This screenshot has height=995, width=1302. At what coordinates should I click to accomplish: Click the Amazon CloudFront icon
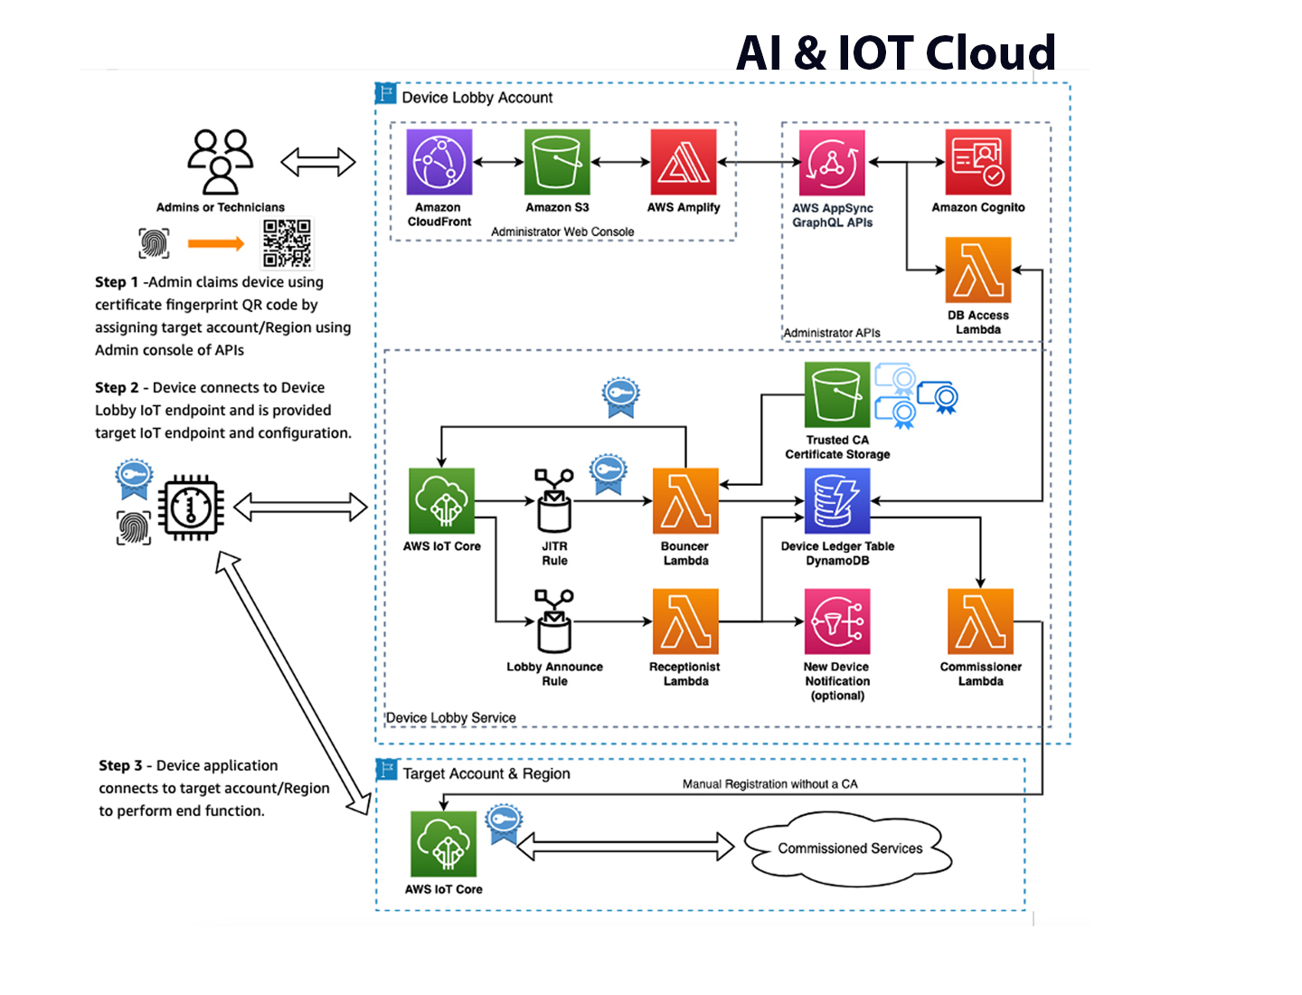[x=439, y=162]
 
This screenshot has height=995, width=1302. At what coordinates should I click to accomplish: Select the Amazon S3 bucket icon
[x=557, y=162]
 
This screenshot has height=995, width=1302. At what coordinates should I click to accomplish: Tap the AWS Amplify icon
[x=684, y=162]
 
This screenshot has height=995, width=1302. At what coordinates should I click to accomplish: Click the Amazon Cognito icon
[x=978, y=162]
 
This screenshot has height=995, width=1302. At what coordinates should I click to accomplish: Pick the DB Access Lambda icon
[x=978, y=270]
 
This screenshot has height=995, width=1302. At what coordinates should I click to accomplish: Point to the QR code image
[x=287, y=243]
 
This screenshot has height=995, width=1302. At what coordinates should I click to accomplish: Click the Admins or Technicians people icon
[x=221, y=162]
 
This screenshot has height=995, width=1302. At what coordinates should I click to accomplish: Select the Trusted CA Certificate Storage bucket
[x=837, y=394]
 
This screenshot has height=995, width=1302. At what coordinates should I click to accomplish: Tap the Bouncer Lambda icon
[x=685, y=501]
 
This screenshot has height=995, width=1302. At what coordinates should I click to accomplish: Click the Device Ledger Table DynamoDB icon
[x=837, y=501]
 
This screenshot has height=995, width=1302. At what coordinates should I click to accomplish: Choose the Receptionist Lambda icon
[x=685, y=621]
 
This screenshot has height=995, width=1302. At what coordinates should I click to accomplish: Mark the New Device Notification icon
[x=837, y=621]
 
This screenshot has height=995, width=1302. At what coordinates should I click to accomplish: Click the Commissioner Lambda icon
[x=980, y=621]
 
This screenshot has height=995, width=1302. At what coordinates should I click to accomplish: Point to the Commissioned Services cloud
[x=849, y=848]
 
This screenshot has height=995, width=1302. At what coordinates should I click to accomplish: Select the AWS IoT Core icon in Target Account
[x=443, y=844]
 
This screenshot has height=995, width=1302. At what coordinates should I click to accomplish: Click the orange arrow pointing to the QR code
[x=216, y=243]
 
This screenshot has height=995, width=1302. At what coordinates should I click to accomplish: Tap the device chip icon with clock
[x=191, y=507]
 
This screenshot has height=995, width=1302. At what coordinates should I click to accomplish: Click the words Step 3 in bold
[x=120, y=765]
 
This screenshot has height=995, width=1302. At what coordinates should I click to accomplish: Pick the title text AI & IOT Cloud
[x=896, y=52]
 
